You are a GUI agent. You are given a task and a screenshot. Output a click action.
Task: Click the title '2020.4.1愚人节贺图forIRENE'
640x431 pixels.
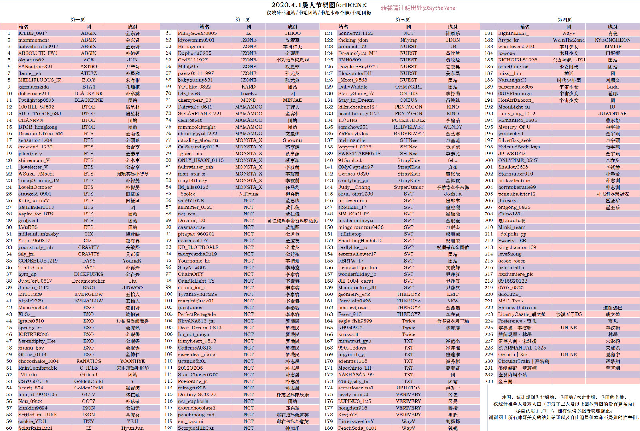pyautogui.click(x=319, y=5)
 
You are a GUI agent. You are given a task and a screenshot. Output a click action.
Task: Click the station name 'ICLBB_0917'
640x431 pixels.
pyautogui.click(x=33, y=33)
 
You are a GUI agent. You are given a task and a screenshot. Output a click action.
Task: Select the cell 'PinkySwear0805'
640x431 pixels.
pyautogui.click(x=198, y=33)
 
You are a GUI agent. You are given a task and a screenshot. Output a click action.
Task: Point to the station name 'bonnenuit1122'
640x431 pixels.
pyautogui.click(x=356, y=33)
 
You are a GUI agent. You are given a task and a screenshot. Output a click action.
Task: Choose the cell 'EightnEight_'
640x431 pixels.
pyautogui.click(x=513, y=33)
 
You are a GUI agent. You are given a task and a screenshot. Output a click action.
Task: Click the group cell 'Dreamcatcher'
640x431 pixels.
pyautogui.click(x=89, y=281)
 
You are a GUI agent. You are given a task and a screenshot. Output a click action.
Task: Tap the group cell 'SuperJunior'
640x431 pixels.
pyautogui.click(x=408, y=187)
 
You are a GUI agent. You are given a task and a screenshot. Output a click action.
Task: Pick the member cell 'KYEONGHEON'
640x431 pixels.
pyautogui.click(x=612, y=40)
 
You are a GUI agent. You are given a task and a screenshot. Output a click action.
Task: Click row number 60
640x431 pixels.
pyautogui.click(x=9, y=428)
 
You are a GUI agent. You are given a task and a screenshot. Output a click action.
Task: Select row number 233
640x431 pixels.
pyautogui.click(x=489, y=381)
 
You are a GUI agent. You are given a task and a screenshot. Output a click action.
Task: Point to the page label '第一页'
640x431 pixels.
pyautogui.click(x=78, y=20)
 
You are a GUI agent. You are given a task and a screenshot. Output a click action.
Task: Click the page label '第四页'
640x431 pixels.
pyautogui.click(x=565, y=20)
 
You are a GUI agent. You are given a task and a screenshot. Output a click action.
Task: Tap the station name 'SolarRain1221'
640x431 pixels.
pyautogui.click(x=36, y=428)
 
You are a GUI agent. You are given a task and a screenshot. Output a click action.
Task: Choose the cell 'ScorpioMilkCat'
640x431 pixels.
pyautogui.click(x=196, y=428)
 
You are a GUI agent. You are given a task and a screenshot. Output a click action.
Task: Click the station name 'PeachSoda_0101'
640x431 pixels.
pyautogui.click(x=357, y=428)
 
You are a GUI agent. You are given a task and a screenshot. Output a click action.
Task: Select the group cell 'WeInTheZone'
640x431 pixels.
pyautogui.click(x=569, y=40)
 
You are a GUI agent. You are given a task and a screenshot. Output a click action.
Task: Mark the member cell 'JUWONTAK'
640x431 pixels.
pyautogui.click(x=612, y=114)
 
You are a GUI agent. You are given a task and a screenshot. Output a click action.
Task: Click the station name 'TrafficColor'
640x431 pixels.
pyautogui.click(x=32, y=267)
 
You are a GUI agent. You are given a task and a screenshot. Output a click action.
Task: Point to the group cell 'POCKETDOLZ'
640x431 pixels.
pyautogui.click(x=408, y=120)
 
